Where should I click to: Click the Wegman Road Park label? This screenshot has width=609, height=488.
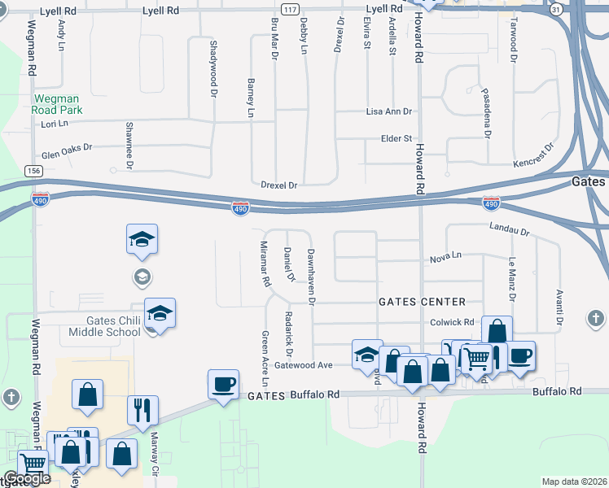pyautogui.click(x=57, y=104)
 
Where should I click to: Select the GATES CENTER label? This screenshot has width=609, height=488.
pyautogui.click(x=422, y=302)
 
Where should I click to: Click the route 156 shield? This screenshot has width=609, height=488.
pyautogui.click(x=33, y=171)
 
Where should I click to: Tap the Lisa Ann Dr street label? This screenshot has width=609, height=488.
pyautogui.click(x=389, y=111)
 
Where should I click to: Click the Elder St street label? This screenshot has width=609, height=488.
pyautogui.click(x=397, y=139)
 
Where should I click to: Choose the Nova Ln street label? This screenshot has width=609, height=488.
pyautogui.click(x=445, y=256)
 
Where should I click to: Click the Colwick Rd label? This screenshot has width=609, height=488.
pyautogui.click(x=453, y=322)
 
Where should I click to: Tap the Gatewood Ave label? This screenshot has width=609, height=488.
pyautogui.click(x=304, y=365)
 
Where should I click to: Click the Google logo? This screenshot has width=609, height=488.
pyautogui.click(x=27, y=479)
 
